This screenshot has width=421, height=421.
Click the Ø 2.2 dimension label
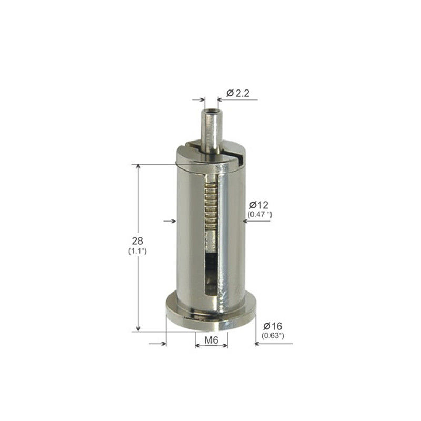point(238,93)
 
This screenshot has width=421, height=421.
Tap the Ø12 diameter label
point(258,205)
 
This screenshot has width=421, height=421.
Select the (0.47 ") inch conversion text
point(259,215)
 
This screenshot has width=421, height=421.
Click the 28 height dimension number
point(137,241)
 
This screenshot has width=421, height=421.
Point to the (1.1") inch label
point(137,252)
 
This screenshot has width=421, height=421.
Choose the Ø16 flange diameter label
point(273,326)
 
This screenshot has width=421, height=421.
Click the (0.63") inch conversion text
point(273,336)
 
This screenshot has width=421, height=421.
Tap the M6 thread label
point(212,340)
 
